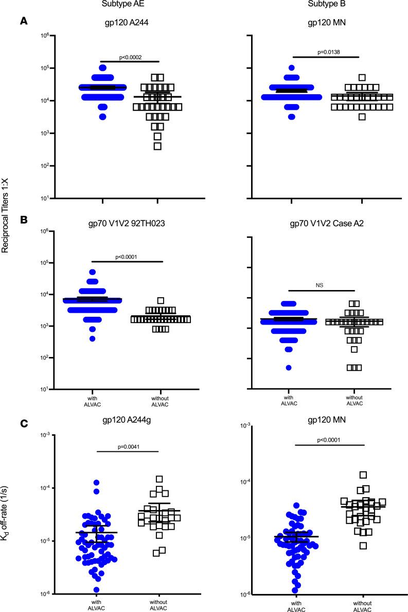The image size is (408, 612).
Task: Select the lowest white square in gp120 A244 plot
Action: click(x=158, y=146)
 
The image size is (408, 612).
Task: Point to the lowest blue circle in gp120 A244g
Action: click(x=96, y=590)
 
